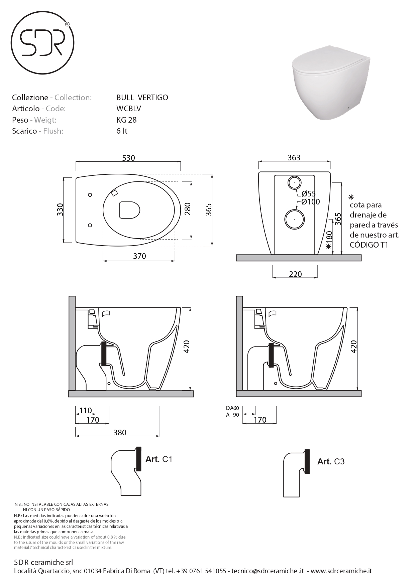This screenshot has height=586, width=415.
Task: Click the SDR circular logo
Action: (x=42, y=43)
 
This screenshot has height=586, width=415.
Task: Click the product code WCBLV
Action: (x=129, y=109)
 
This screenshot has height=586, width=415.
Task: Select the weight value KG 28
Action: (x=126, y=120)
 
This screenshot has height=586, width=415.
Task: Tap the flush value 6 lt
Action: (x=122, y=131)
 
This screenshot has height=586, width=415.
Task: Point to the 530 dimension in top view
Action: (x=128, y=158)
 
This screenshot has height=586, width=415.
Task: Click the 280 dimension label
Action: (x=187, y=209)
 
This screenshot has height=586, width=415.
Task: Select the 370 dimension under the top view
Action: (x=139, y=256)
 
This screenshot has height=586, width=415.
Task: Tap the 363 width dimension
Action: (x=294, y=157)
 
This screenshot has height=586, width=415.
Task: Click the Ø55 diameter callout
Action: (x=308, y=193)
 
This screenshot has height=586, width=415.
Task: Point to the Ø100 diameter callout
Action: (x=310, y=201)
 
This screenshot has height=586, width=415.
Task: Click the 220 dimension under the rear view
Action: (x=295, y=274)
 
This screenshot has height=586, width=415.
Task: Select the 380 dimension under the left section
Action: (x=120, y=432)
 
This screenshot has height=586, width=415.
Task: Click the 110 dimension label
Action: (x=86, y=411)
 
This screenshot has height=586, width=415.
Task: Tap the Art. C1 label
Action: (x=159, y=459)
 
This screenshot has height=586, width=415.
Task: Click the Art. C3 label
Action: (x=331, y=461)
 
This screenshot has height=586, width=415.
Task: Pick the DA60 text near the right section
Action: (x=232, y=408)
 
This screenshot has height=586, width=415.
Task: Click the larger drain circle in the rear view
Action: (x=294, y=219)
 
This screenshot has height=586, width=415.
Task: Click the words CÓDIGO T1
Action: (x=369, y=245)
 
